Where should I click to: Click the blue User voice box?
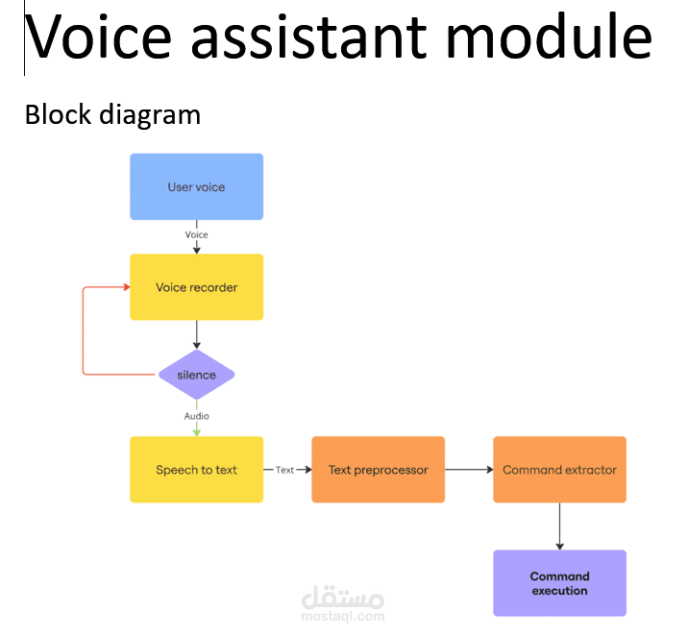tap(196, 186)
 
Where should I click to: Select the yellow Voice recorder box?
tap(196, 286)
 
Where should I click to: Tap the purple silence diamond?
tap(196, 375)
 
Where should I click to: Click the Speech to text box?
tap(196, 470)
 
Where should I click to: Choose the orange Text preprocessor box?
tap(378, 470)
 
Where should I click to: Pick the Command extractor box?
tap(559, 470)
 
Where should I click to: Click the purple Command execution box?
tap(559, 583)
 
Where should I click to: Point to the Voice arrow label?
tap(196, 234)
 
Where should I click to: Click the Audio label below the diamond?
tap(196, 416)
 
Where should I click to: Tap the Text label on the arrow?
tap(284, 470)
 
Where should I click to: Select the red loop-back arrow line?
tap(84, 331)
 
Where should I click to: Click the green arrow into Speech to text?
tap(196, 429)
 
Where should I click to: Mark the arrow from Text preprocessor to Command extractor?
tap(469, 470)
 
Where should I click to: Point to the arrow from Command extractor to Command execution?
tap(559, 526)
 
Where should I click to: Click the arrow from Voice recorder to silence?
tap(196, 334)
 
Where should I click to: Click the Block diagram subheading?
tap(112, 115)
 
